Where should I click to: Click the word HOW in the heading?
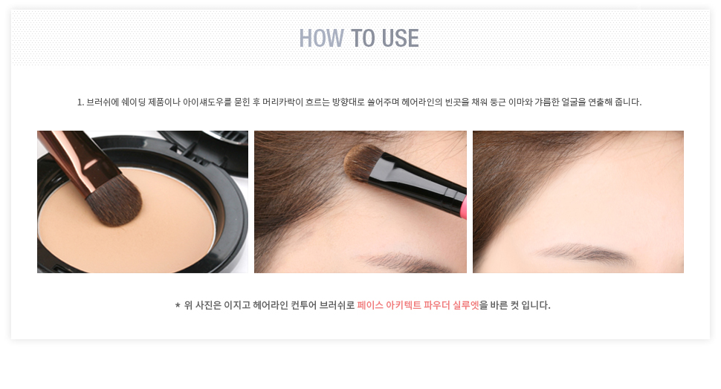pyautogui.click(x=321, y=38)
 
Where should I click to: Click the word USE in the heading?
pyautogui.click(x=400, y=38)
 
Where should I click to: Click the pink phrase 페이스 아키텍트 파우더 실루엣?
pyautogui.click(x=418, y=305)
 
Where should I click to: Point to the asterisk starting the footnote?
pyautogui.click(x=178, y=305)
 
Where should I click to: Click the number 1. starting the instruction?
pyautogui.click(x=80, y=102)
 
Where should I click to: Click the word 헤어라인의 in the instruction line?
pyautogui.click(x=421, y=102)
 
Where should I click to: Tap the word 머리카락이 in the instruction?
pyautogui.click(x=282, y=102)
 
